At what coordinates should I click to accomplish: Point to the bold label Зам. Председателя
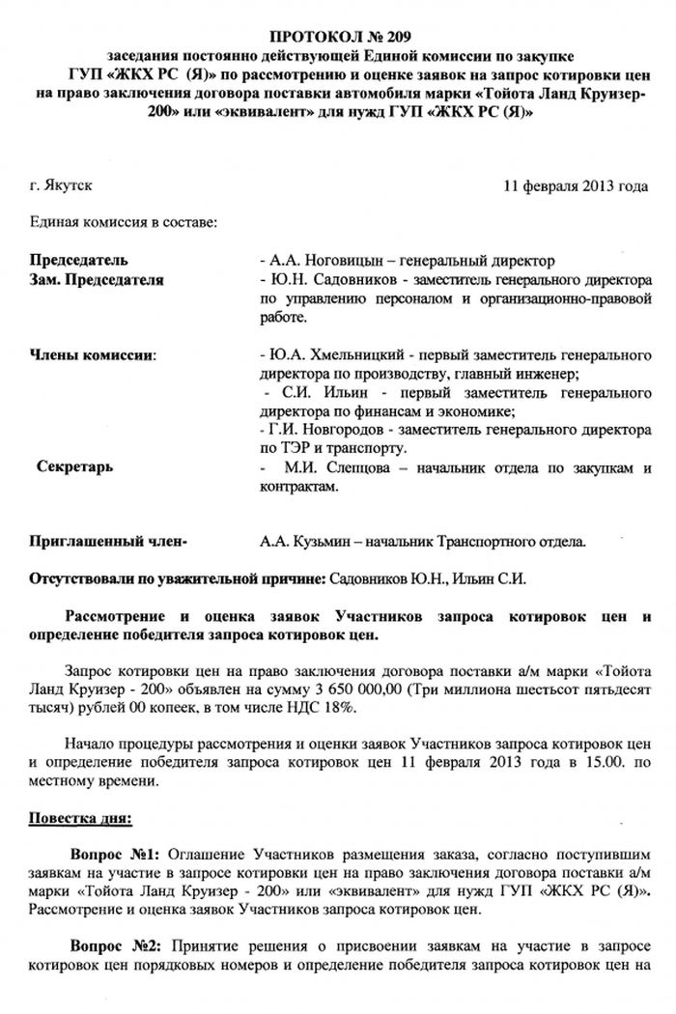click(x=97, y=279)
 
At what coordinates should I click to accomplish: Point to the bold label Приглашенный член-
click(x=109, y=544)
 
